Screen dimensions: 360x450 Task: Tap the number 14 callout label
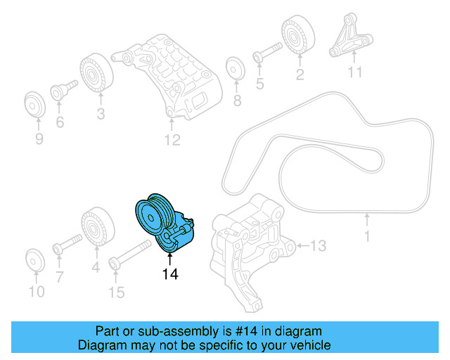[170, 274]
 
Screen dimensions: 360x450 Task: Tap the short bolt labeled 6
[62, 91]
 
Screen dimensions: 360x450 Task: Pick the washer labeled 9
[34, 103]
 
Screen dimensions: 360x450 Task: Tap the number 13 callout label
[319, 245]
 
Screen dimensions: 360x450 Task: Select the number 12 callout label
[173, 141]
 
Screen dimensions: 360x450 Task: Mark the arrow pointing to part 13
[301, 245]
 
